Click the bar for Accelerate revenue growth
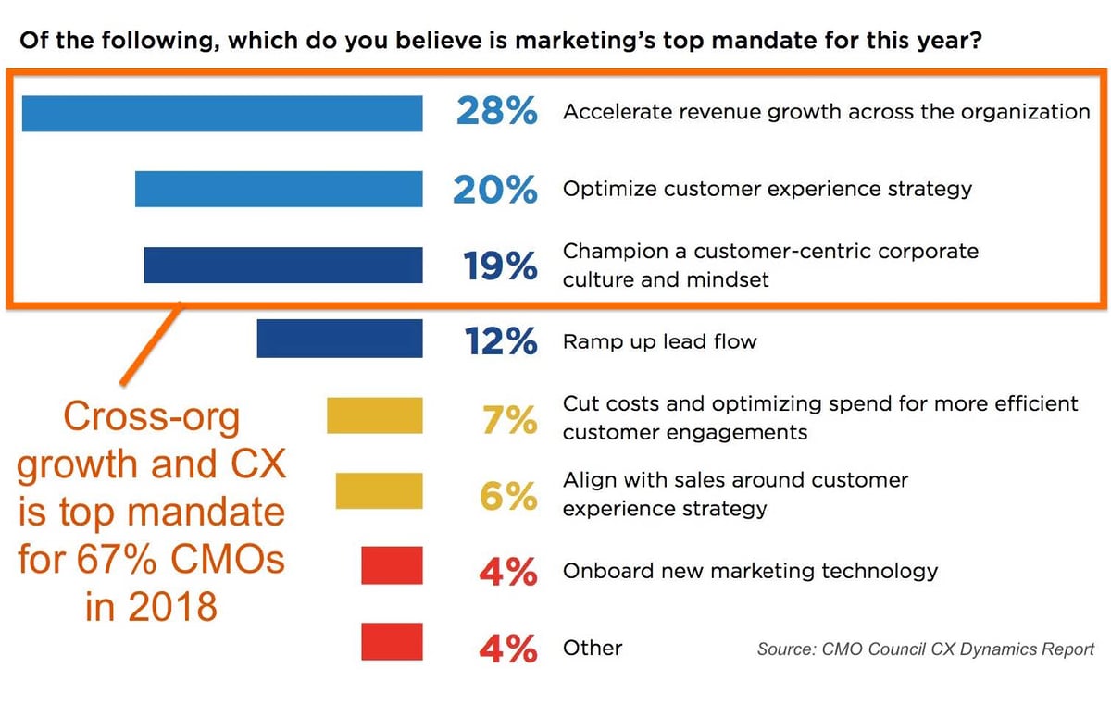point(222,113)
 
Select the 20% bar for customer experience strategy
point(279,189)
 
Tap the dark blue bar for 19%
point(283,265)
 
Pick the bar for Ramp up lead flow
point(340,340)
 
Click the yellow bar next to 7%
point(375,415)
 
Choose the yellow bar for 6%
point(379,490)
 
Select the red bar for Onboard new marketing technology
point(392,565)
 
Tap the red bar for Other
point(392,641)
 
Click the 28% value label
point(496,112)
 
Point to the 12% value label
point(500,341)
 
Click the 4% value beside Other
point(507,648)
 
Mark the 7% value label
point(508,418)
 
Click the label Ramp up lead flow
point(659,341)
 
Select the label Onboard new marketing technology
point(750,571)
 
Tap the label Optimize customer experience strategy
point(768,189)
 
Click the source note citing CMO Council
point(926,649)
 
